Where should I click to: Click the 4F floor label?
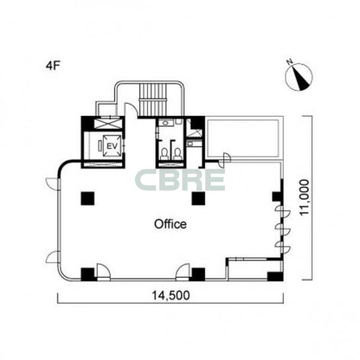point(53,66)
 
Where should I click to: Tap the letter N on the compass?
point(290,62)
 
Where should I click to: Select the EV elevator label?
point(112,146)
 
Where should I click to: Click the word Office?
point(170,224)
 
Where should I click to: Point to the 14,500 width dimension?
point(171,295)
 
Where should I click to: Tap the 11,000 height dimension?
point(304,197)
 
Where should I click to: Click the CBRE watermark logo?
point(179,180)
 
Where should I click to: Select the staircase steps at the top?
point(152,99)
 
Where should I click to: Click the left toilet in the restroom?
point(164,154)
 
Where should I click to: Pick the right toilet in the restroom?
point(177,154)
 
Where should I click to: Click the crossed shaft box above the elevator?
point(107,124)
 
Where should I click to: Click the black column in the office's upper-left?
point(88,199)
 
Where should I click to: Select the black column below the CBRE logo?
point(199,199)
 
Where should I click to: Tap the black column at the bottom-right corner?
point(275,276)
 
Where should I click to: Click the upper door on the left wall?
point(53,184)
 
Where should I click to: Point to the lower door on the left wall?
point(53,257)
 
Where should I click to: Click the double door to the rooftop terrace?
point(224,160)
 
